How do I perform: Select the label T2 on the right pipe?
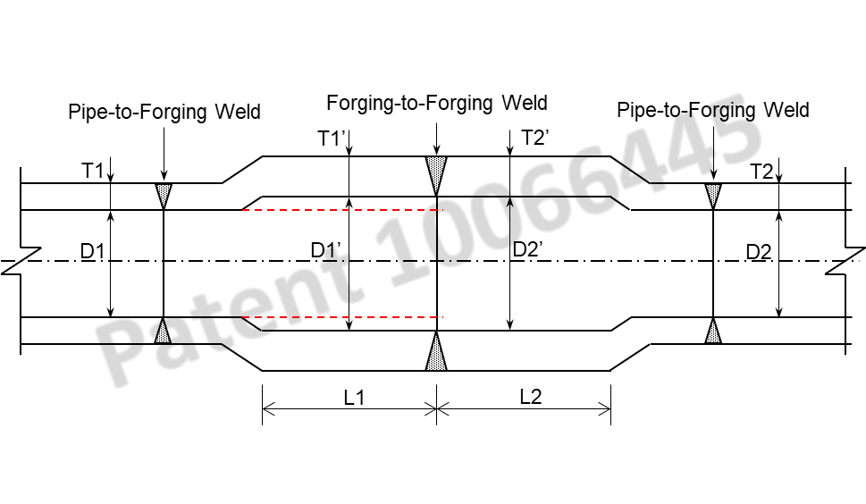[x=761, y=172]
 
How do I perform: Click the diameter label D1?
[x=93, y=252]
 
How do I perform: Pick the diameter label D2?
[x=760, y=252]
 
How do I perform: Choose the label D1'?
[x=328, y=250]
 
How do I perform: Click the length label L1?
[x=355, y=398]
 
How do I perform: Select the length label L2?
[x=531, y=398]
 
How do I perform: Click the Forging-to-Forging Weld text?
[x=436, y=103]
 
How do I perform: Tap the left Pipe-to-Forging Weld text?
[x=164, y=112]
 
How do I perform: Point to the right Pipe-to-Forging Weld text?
[x=713, y=110]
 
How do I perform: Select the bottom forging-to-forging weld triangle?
[x=436, y=354]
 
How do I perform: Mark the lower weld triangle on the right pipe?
[x=713, y=332]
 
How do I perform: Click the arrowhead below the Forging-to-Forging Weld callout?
[x=436, y=150]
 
